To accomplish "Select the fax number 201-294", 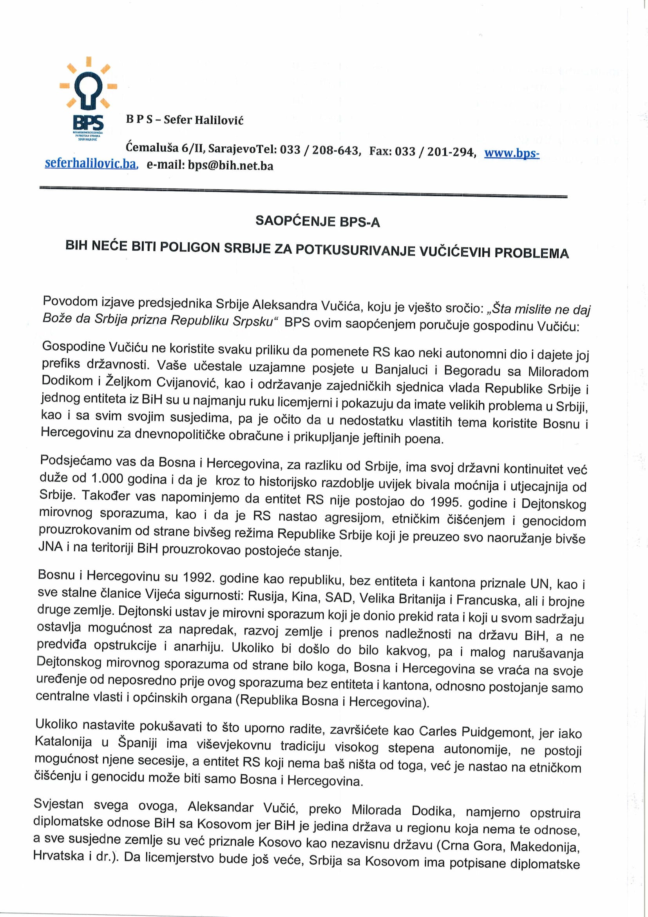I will pos(451,152).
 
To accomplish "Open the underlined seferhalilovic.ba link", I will pos(91,163).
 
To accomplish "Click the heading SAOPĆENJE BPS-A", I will pos(318,221).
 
